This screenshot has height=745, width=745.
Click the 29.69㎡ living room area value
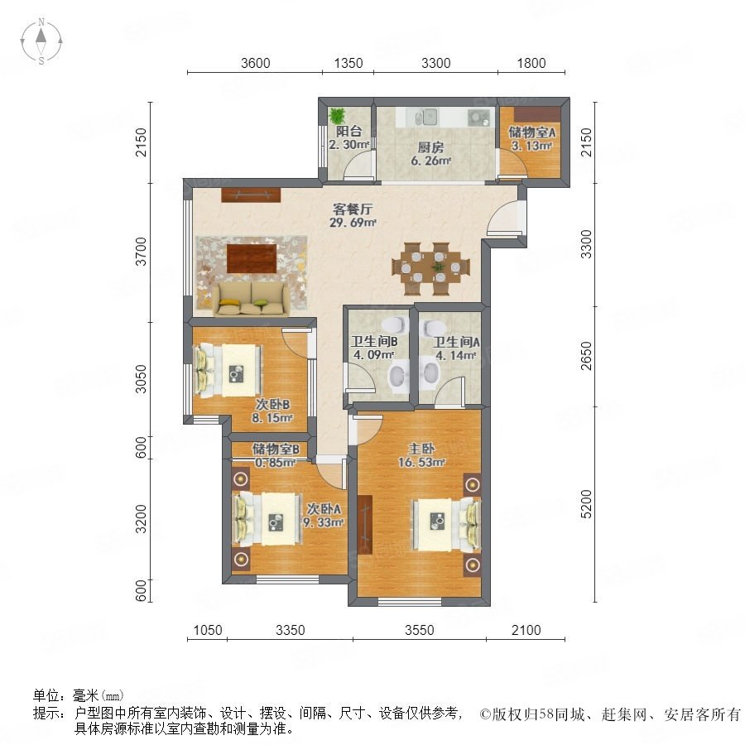tap(354, 223)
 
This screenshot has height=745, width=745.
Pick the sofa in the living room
tap(252, 298)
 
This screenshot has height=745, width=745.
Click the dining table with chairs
tap(431, 267)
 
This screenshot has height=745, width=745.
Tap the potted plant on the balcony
tap(337, 115)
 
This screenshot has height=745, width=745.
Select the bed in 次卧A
tap(266, 518)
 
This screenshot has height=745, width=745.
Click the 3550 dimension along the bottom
tap(419, 631)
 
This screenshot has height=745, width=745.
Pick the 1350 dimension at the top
tap(348, 63)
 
